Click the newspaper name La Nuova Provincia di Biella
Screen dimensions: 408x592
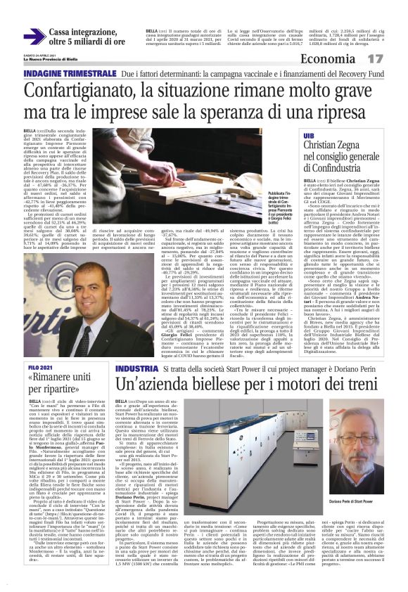point(53,60)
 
